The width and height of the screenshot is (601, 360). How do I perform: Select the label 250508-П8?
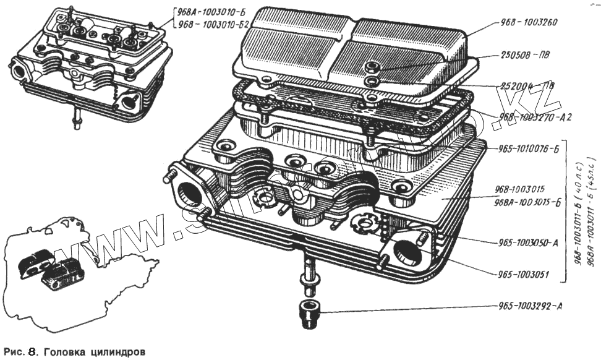[524, 54]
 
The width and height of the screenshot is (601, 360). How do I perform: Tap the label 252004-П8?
[524, 85]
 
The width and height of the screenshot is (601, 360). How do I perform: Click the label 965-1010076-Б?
[529, 148]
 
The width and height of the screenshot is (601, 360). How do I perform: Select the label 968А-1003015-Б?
[527, 202]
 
